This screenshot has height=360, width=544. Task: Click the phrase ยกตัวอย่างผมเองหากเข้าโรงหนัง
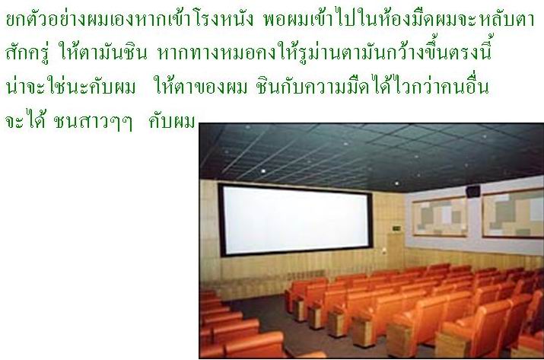tap(129, 20)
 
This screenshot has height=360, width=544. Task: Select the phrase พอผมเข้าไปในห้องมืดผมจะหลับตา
tap(399, 20)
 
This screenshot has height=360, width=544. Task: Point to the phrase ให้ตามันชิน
tap(103, 52)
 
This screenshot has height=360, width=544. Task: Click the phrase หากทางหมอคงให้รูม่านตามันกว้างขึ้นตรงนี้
tap(325, 51)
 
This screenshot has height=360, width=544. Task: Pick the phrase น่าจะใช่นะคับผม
tap(71, 86)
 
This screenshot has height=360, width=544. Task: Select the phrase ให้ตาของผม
tap(202, 86)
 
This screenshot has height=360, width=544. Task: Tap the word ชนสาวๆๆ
tap(93, 122)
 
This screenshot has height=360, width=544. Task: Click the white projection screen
tap(295, 220)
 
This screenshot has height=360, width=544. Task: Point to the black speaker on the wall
tap(473, 191)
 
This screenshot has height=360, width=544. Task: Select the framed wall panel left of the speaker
tap(440, 217)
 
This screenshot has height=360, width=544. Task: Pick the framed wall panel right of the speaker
tap(513, 213)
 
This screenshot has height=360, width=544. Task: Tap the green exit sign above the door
tap(396, 228)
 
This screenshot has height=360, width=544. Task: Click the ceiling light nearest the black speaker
tap(396, 183)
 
